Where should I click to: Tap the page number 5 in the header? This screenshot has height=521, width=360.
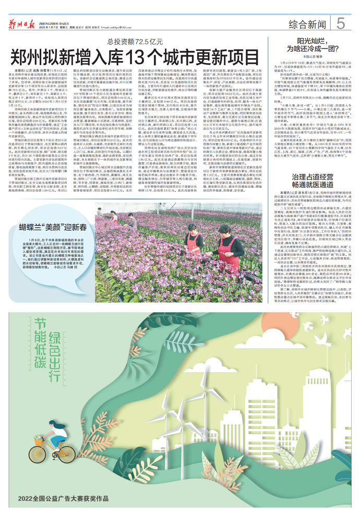340,23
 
